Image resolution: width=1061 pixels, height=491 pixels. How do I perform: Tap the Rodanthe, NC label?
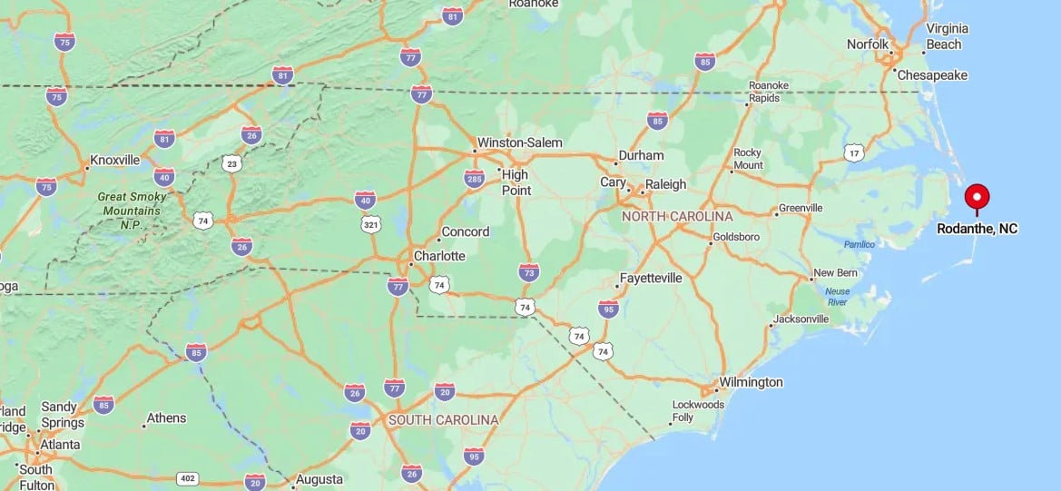pos(977,229)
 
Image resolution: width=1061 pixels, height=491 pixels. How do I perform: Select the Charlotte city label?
pos(439,256)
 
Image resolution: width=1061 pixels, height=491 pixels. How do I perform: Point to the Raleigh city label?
pos(665,183)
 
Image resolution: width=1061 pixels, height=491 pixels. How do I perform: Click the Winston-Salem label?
pos(520,142)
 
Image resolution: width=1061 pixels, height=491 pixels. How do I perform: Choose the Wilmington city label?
pos(751,382)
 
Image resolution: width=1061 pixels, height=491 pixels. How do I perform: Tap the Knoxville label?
pos(114,161)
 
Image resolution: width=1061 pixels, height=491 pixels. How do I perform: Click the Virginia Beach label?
pos(943,36)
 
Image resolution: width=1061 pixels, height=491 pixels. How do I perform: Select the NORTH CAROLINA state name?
pos(677,217)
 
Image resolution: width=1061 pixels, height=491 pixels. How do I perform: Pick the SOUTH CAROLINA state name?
pos(443,420)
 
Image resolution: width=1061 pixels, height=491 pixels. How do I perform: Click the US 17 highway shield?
pos(853,152)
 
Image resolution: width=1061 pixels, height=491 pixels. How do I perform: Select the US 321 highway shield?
pos(370,223)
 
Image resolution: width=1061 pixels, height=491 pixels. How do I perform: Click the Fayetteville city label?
pos(650,278)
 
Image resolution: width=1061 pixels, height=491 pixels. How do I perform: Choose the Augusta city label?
pos(319,479)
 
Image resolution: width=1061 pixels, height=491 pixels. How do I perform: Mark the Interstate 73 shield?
pos(529,271)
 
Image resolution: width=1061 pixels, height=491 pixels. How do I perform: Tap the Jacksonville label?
pos(801,319)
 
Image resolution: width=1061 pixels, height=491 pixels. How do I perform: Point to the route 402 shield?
pos(188,478)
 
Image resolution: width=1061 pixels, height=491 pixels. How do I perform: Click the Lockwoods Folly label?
pos(698,410)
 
